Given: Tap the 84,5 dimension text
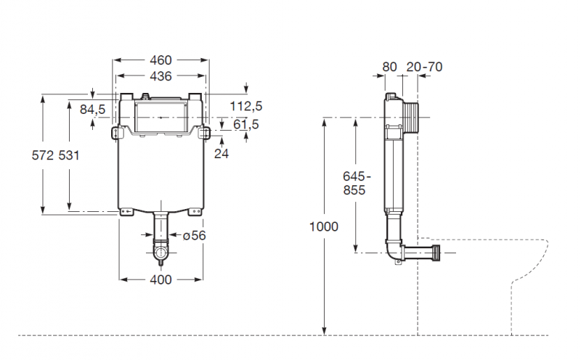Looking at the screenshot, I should point(92,110).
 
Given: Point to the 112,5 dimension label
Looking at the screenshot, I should point(246,107).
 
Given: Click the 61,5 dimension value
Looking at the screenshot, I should point(246,125).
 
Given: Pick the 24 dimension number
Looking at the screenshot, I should point(222,153).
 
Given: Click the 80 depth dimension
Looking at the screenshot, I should point(390,67).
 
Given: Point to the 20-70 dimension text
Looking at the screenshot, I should point(424,67).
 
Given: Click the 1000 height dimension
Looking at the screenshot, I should point(324,226).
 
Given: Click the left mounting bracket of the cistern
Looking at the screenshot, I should point(117,134).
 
